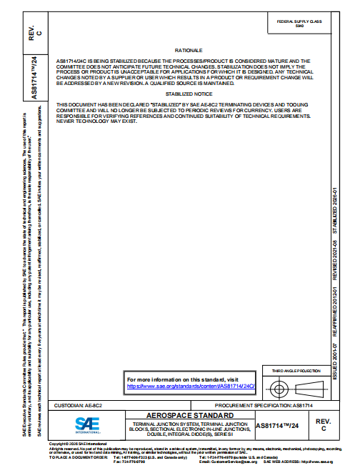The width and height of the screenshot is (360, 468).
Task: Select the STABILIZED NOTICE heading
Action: pos(189,94)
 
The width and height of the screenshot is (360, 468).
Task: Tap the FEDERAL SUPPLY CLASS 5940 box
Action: pos(299,24)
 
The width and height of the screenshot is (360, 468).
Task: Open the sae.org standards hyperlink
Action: pos(191,386)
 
